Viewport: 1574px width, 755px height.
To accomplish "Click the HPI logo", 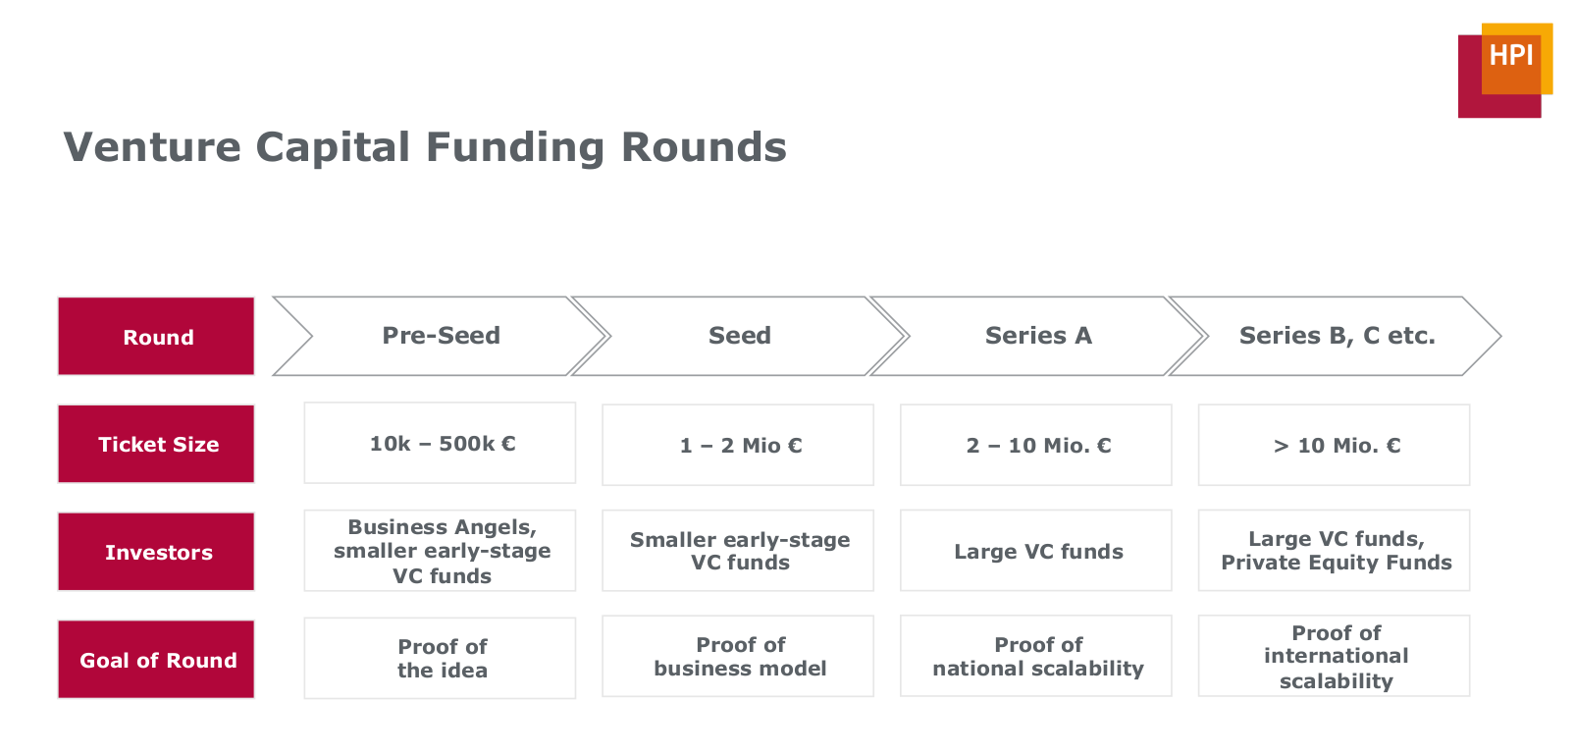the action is pyautogui.click(x=1504, y=71).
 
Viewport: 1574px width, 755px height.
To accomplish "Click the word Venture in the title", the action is pyautogui.click(x=152, y=147).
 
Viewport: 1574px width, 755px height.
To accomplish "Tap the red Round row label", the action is pyautogui.click(x=156, y=336).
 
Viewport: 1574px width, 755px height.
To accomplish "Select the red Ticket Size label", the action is pyautogui.click(x=156, y=444).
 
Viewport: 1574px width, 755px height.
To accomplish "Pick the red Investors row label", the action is pyautogui.click(x=156, y=551).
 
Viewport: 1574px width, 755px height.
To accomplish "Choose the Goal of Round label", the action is pyautogui.click(x=156, y=659).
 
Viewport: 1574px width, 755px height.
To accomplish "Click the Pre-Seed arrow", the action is pyautogui.click(x=440, y=336).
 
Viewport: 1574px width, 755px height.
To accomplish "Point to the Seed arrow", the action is pyautogui.click(x=739, y=336).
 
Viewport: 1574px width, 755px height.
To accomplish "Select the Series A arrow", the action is pyautogui.click(x=1038, y=336).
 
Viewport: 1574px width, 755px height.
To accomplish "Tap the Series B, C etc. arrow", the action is pyautogui.click(x=1336, y=336).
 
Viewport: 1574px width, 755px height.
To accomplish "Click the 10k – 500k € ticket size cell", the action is pyautogui.click(x=440, y=443).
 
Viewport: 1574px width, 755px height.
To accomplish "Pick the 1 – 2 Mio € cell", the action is pyautogui.click(x=738, y=445).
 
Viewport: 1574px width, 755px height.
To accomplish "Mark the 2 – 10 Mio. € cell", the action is pyautogui.click(x=1035, y=445).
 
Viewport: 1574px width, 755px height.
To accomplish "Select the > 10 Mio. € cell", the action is pyautogui.click(x=1334, y=445).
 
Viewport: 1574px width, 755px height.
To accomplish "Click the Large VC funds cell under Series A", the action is pyautogui.click(x=1035, y=551).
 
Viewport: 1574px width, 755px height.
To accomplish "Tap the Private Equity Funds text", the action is pyautogui.click(x=1336, y=563).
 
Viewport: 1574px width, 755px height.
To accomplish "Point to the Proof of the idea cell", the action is pyautogui.click(x=440, y=658).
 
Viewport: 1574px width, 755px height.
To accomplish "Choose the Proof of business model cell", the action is pyautogui.click(x=738, y=656).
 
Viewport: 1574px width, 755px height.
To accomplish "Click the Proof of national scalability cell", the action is pyautogui.click(x=1035, y=656).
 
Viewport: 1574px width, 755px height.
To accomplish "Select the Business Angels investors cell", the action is pyautogui.click(x=440, y=551).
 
